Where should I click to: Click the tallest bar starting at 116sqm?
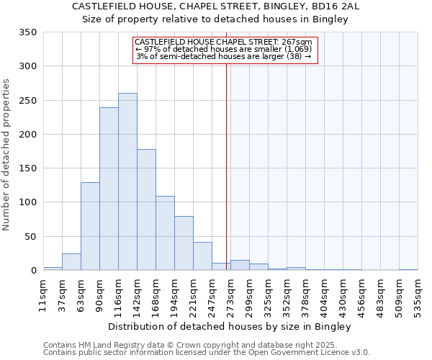[x=127, y=181]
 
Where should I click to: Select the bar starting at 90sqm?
[x=109, y=189]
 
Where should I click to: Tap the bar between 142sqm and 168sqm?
[x=146, y=210]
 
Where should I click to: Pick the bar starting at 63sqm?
[x=90, y=226]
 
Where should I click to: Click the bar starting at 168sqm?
[x=165, y=233]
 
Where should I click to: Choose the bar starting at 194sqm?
[x=184, y=243]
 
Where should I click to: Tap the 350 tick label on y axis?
[x=27, y=32]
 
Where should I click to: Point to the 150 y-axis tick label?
[x=27, y=168]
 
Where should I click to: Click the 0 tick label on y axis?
[x=33, y=271]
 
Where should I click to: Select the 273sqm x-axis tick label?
[x=230, y=295]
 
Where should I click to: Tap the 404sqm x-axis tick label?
[x=324, y=295]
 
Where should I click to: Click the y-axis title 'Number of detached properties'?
[x=6, y=156]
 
